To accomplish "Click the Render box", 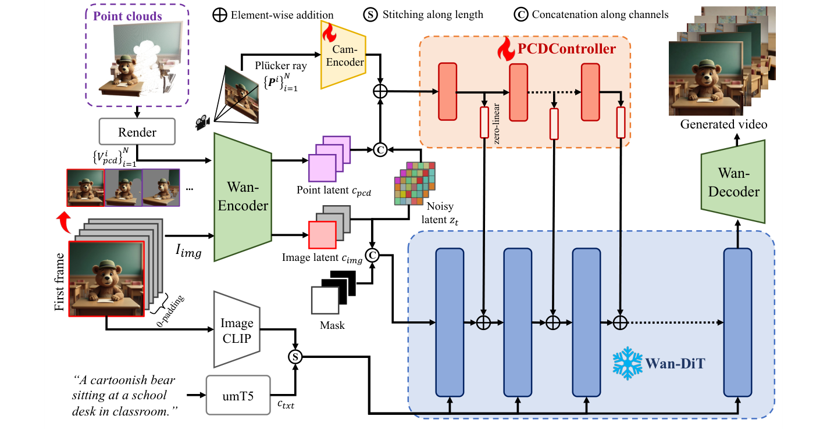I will coord(137,132).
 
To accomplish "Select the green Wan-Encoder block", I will coord(243,198).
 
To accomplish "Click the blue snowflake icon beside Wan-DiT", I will coord(626,364).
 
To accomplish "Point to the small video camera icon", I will coord(202,123).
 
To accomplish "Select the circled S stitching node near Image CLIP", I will coord(296,357).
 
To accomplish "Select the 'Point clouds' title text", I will coord(127,16).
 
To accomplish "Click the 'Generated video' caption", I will coord(723,124).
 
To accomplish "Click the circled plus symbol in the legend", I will coord(220,15).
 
